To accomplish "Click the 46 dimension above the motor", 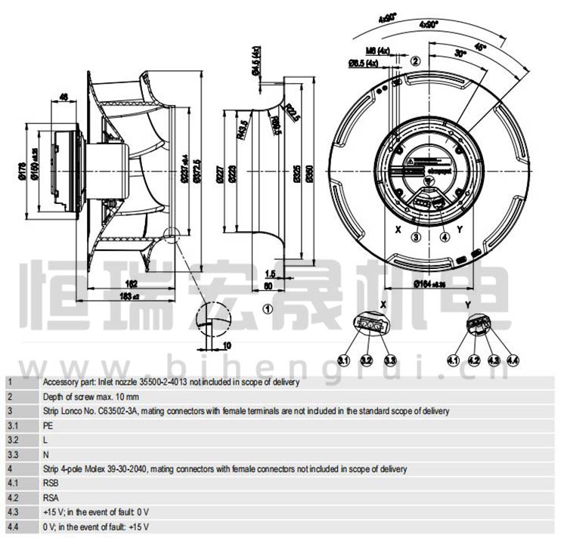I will point(64,96).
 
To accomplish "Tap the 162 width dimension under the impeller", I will point(131,283).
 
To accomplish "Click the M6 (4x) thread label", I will point(376,51).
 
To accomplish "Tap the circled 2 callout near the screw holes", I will point(414,60).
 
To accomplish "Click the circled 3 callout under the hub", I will point(415,237).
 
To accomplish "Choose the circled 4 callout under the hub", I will point(445,237).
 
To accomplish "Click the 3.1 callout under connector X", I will point(343,360).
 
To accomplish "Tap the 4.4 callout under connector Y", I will point(512,360).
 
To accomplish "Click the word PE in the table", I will point(47,425).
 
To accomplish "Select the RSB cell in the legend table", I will point(51,484).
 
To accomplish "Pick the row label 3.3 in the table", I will point(12,455).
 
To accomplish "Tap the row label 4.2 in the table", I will point(12,498).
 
